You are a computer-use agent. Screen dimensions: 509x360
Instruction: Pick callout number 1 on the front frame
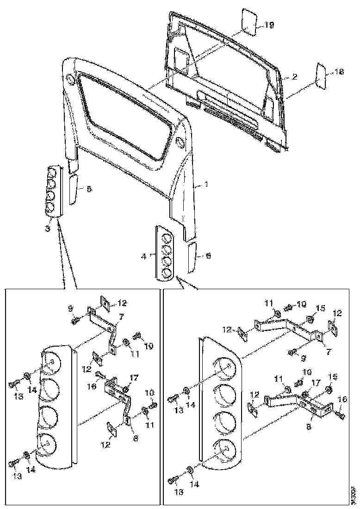point(206,184)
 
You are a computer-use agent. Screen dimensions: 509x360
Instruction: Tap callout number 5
point(89,189)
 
